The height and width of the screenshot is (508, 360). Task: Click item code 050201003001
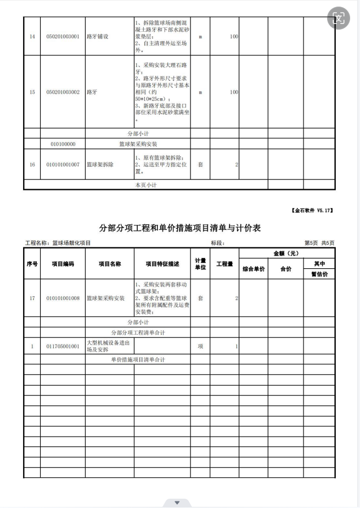(63, 37)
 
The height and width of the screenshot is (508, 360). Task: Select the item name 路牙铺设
(98, 37)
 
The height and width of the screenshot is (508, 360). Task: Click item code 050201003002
(63, 92)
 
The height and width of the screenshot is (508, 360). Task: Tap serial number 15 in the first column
(32, 92)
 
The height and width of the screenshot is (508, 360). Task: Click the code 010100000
(63, 144)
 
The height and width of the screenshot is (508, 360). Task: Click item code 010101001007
(63, 165)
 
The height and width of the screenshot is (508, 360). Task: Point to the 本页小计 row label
(146, 185)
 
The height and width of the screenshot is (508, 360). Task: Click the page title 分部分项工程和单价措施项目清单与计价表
(179, 228)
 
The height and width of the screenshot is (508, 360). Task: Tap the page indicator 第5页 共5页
(319, 242)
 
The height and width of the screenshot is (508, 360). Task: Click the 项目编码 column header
(63, 264)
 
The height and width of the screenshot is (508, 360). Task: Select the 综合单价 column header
(254, 269)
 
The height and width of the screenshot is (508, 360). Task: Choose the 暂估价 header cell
(319, 274)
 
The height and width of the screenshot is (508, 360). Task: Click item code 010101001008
(63, 298)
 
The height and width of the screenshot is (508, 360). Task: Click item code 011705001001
(63, 346)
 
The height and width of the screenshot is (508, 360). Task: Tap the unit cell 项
(200, 346)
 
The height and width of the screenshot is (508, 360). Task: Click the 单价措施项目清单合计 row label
(138, 360)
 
